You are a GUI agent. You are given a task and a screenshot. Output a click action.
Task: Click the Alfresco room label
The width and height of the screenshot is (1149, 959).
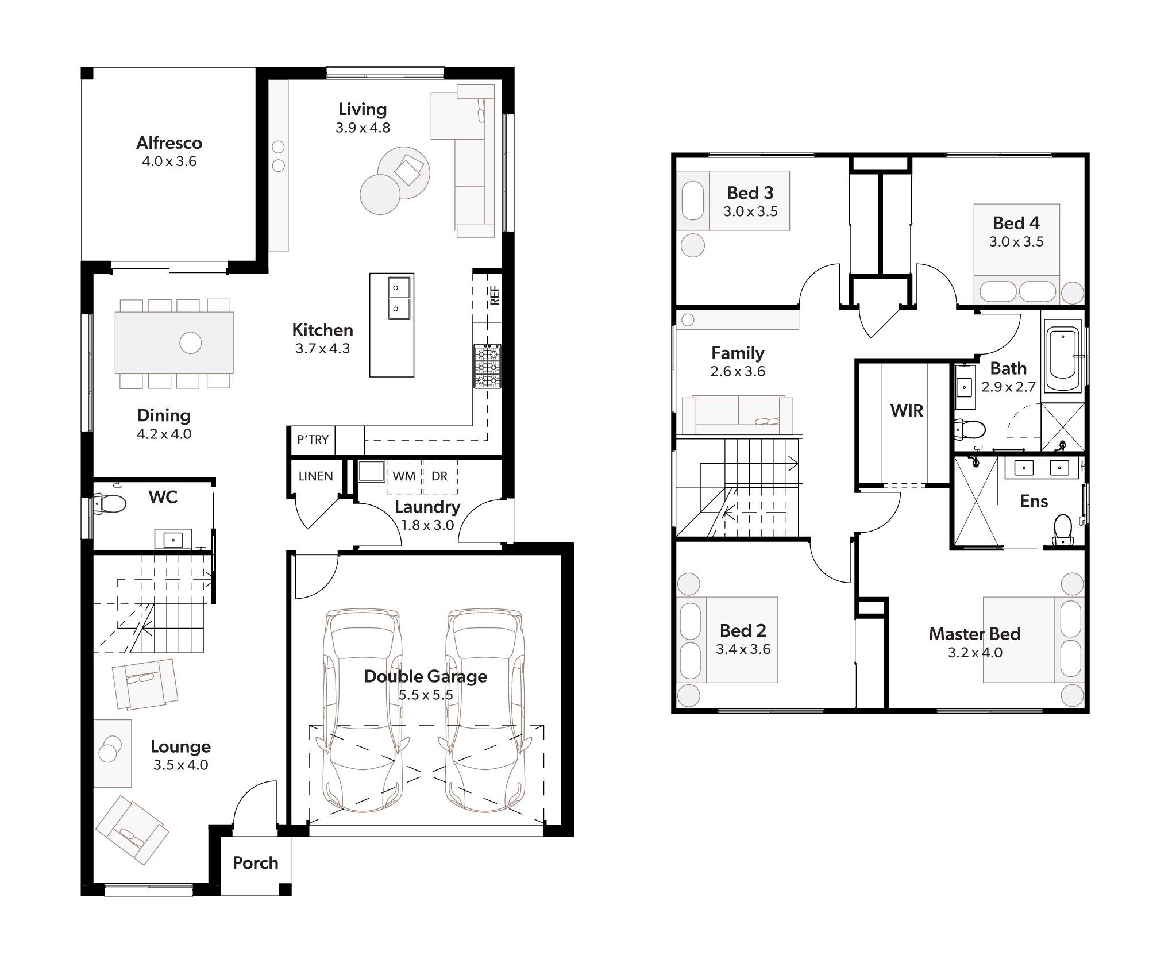click(169, 143)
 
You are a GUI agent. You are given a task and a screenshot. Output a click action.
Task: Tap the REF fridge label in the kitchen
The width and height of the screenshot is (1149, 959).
click(495, 295)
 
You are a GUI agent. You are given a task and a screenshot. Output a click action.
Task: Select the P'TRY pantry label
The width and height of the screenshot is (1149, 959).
click(313, 440)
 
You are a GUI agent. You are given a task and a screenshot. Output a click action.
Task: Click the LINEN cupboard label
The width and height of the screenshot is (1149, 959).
click(315, 476)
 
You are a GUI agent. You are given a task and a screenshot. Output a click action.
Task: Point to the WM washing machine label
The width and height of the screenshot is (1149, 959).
click(404, 476)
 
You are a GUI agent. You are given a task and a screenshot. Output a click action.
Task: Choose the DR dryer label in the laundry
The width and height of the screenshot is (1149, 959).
click(439, 476)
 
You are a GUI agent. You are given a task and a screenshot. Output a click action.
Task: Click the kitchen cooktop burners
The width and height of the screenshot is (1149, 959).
click(487, 366)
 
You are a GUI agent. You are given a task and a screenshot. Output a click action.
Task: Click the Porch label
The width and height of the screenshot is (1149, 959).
click(255, 863)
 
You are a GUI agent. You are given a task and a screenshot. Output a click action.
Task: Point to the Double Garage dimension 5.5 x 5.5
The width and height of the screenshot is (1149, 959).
click(426, 695)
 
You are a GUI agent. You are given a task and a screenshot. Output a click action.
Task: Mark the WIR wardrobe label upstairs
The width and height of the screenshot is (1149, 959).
click(907, 411)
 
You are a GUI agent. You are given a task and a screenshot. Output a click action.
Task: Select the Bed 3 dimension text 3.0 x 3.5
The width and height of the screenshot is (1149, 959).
click(750, 211)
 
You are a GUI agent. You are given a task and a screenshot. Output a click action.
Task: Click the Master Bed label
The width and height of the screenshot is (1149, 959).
click(974, 634)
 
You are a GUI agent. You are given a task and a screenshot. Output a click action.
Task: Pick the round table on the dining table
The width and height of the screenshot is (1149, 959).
click(190, 343)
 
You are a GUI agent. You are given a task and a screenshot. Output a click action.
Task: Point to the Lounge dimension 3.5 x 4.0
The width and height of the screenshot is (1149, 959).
click(180, 765)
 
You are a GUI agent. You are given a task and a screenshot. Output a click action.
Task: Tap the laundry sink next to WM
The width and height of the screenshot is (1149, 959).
click(371, 472)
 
